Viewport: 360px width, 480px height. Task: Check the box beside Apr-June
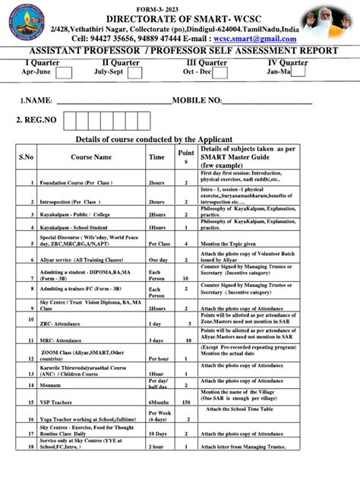pyautogui.click(x=64, y=72)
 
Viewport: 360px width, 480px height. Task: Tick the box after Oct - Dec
pyautogui.click(x=223, y=72)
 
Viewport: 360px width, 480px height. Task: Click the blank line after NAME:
pyautogui.click(x=114, y=101)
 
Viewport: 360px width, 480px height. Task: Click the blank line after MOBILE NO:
pyautogui.click(x=267, y=101)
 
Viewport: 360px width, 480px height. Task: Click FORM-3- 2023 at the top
pyautogui.click(x=180, y=4)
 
